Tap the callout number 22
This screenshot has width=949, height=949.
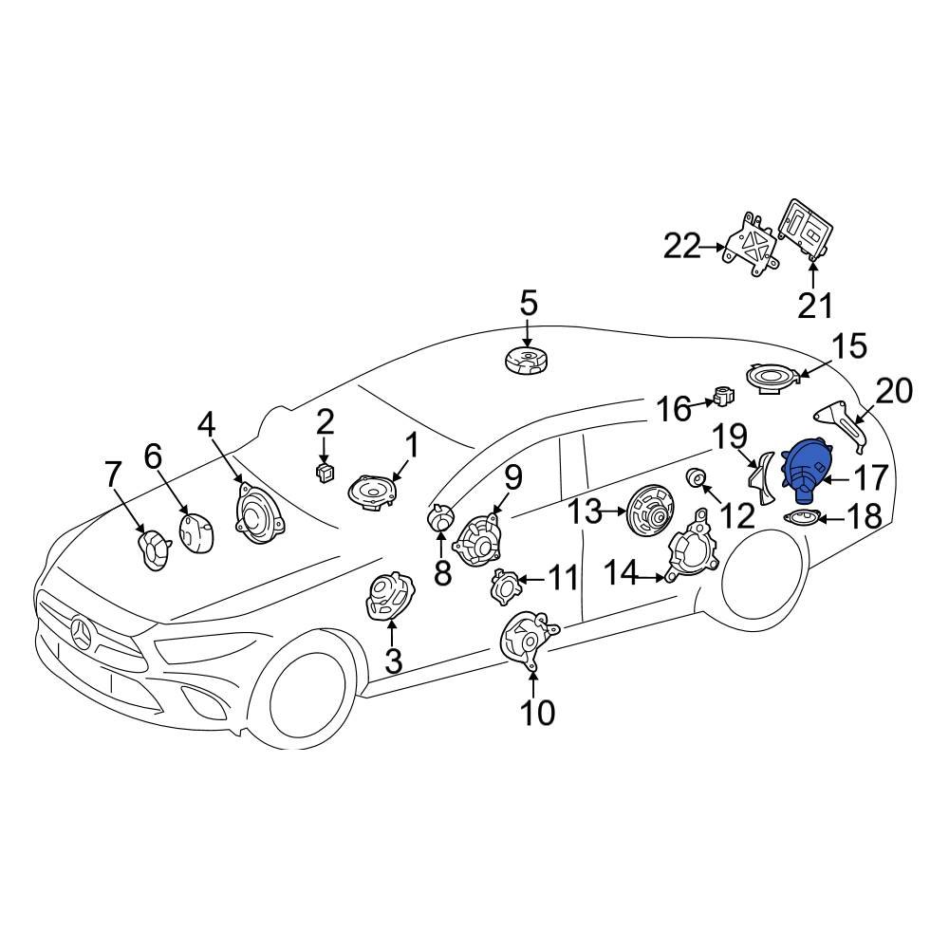tap(681, 247)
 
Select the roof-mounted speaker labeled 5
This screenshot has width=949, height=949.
tap(528, 362)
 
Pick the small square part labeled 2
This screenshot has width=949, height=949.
tap(325, 470)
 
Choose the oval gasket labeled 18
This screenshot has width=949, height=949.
tap(803, 518)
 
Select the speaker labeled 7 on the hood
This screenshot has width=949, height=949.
tap(153, 550)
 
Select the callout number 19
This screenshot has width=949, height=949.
tap(730, 437)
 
